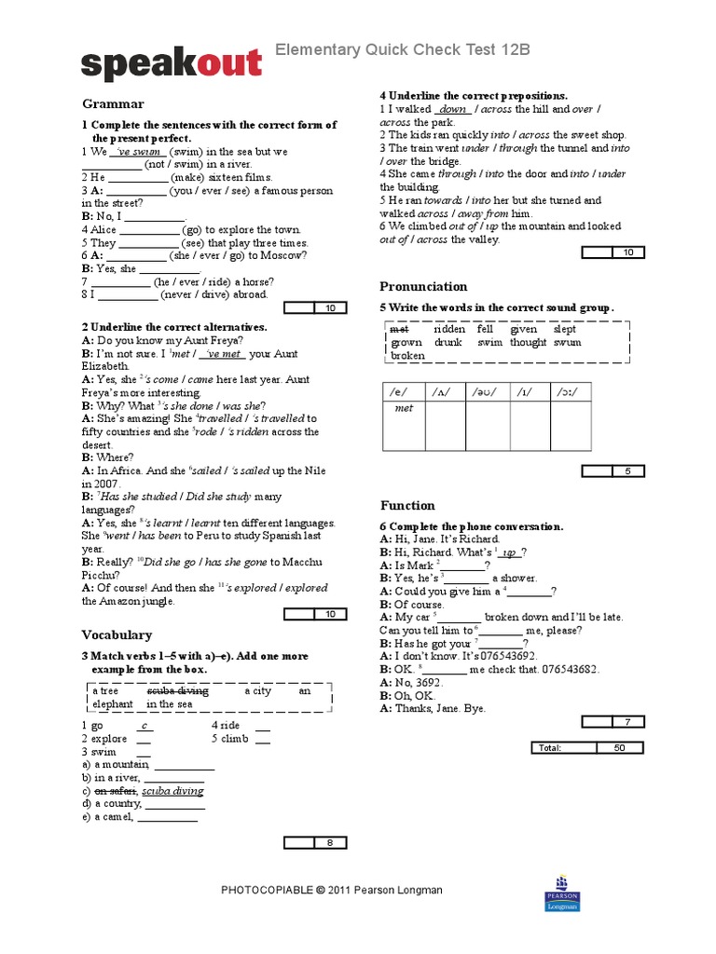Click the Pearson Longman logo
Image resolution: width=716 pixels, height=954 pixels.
[561, 893]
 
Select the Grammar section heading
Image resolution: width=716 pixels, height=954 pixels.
[113, 104]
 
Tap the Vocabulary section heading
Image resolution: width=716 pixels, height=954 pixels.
[117, 634]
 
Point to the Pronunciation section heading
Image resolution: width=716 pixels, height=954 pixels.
[423, 286]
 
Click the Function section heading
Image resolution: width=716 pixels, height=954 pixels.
[407, 505]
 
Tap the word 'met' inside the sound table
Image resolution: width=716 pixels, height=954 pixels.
[404, 408]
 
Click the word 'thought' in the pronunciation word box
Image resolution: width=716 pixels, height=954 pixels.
[528, 342]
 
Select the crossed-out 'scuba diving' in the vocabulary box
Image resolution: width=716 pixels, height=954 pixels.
[177, 691]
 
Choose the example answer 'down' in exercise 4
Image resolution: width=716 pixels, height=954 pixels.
[452, 109]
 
